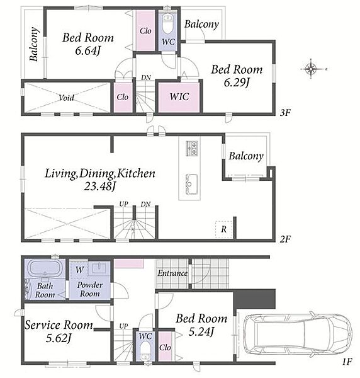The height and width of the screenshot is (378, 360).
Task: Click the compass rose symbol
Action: tap(311, 69)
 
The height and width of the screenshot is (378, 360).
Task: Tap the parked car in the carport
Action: tap(298, 335)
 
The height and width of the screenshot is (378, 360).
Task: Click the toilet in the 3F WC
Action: tap(167, 24)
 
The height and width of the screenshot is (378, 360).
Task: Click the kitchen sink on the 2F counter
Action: tap(192, 184)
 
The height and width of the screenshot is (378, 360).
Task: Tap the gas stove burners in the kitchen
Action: tap(192, 148)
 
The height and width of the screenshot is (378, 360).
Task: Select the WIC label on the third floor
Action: tap(179, 96)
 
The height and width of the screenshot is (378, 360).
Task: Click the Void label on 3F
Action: tap(67, 98)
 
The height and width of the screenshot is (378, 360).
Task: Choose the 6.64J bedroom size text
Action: tap(87, 50)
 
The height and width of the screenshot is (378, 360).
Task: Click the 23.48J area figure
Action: tap(100, 186)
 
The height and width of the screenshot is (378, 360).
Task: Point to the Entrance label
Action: tap(172, 273)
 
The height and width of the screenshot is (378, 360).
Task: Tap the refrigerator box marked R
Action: tap(223, 229)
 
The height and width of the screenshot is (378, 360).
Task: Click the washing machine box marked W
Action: tap(79, 270)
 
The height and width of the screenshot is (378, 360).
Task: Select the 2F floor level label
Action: tap(285, 239)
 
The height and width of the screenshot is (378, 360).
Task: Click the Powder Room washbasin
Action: tap(99, 268)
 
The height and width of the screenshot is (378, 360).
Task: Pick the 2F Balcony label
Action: tap(246, 156)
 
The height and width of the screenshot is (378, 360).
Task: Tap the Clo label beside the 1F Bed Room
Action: tap(165, 348)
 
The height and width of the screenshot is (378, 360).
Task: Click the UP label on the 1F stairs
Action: tap(123, 326)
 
